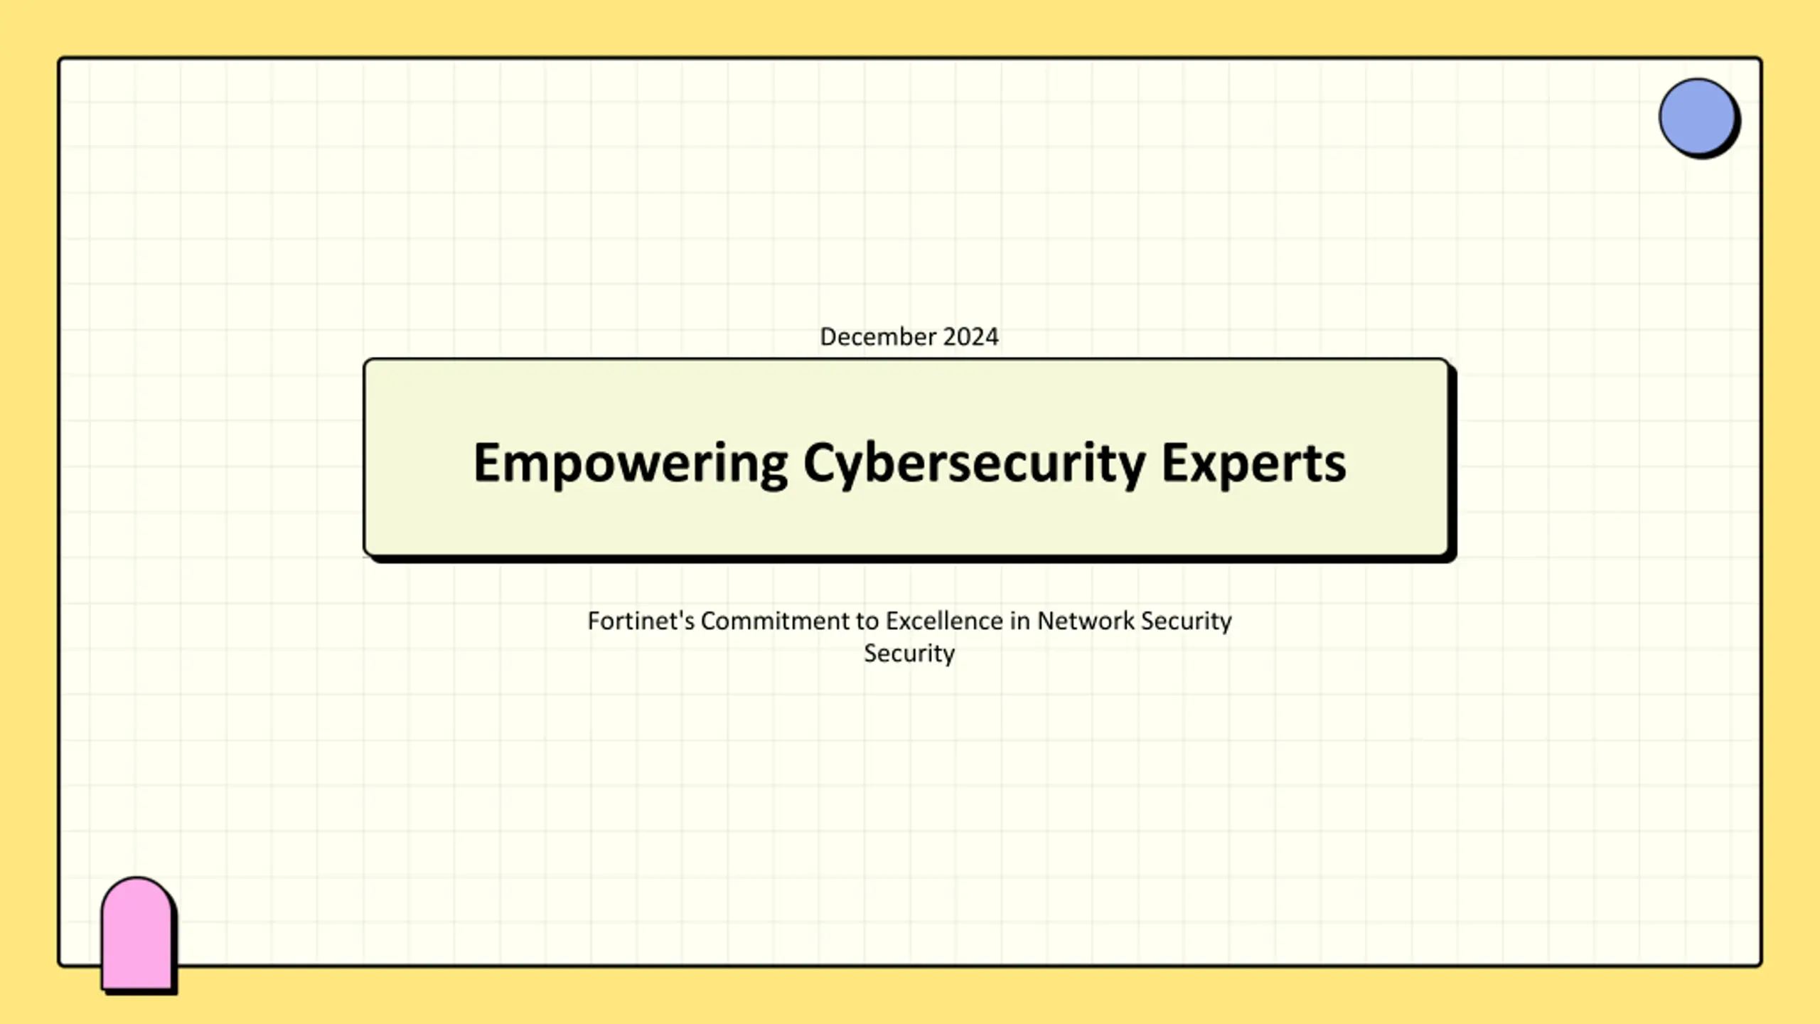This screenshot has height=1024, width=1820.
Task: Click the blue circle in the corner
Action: pos(1697,117)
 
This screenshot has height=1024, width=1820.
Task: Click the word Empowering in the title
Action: pos(631,464)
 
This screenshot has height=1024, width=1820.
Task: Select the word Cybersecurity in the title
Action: pos(974,464)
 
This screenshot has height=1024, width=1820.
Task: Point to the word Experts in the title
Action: pos(1254,464)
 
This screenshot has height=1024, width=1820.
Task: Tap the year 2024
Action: pos(971,336)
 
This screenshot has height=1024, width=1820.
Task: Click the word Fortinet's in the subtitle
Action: pos(641,621)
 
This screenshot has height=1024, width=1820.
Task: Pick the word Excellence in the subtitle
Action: pos(944,621)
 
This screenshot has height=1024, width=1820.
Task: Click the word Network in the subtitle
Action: pos(1086,621)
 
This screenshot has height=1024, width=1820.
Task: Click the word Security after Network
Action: pos(1187,622)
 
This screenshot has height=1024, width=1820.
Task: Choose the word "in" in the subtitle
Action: pos(1020,621)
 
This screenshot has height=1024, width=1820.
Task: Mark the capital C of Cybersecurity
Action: pos(819,462)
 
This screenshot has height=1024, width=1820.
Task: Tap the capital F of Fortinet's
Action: pos(594,621)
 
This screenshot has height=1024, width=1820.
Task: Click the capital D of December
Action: pos(829,336)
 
